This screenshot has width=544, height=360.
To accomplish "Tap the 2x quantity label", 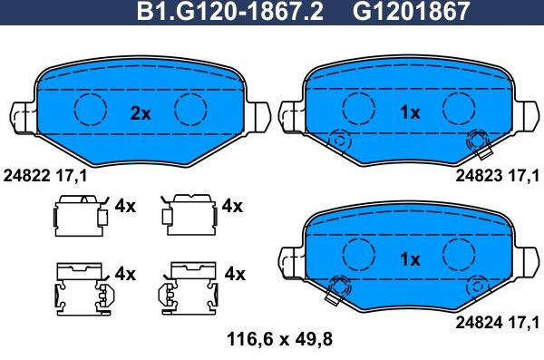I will (x=140, y=112).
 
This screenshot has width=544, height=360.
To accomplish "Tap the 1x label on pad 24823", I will (x=410, y=112).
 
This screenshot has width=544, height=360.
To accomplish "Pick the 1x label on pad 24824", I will (x=410, y=259).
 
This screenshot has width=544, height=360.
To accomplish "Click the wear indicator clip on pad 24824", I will (x=337, y=288).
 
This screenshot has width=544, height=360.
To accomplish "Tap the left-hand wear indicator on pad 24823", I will (x=340, y=141).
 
